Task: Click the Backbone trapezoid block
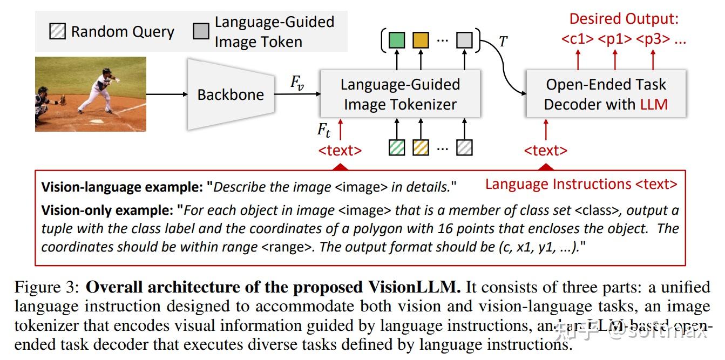pos(231,94)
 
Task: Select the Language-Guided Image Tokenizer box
pos(400,94)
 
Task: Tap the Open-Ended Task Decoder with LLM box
pos(605,94)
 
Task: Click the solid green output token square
pos(397,40)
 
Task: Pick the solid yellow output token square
pos(421,40)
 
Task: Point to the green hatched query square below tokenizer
pos(397,147)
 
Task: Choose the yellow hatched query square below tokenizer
pos(421,147)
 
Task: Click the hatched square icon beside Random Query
pos(56,31)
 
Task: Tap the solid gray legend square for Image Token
pos(201,31)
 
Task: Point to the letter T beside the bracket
pos(503,42)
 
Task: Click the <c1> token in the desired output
pos(577,39)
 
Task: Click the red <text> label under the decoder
pos(545,151)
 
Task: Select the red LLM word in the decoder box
pos(654,104)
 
